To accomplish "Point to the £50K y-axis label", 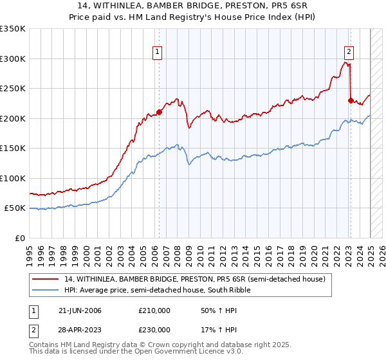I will pos(15,208).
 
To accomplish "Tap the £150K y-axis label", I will pos(13,148).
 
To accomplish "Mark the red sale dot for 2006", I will pos(159,113).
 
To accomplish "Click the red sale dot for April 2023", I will pos(351,100).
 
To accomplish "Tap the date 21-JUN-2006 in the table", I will pos(80,310).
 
